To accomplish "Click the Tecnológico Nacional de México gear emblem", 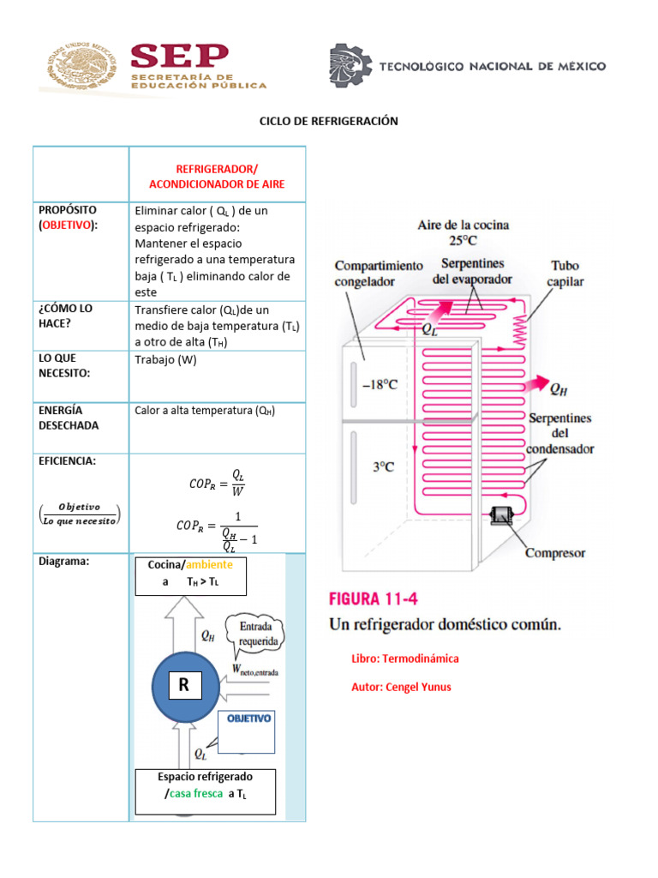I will [350, 66].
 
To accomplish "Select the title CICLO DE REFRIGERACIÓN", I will [329, 121].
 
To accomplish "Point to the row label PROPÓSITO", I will [68, 209].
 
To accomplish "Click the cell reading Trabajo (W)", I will [165, 360].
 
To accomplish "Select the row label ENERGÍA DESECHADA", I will [69, 418].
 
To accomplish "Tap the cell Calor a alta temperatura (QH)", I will [205, 411].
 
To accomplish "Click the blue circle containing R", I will [186, 686].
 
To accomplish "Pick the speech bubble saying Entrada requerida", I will [256, 632].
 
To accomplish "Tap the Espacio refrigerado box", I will [206, 791].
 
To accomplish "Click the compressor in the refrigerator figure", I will [499, 515].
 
